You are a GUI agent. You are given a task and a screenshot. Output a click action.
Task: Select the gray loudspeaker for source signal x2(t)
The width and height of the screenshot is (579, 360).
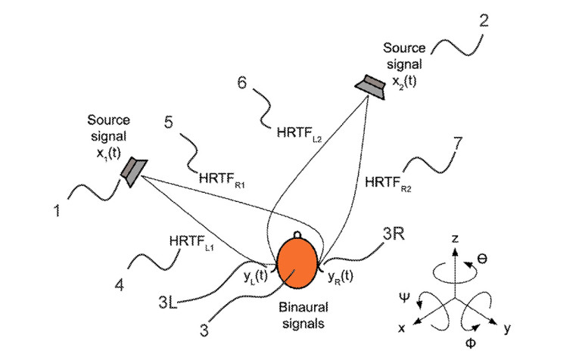372,86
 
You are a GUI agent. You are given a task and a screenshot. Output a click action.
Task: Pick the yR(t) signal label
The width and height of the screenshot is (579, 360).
341,277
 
